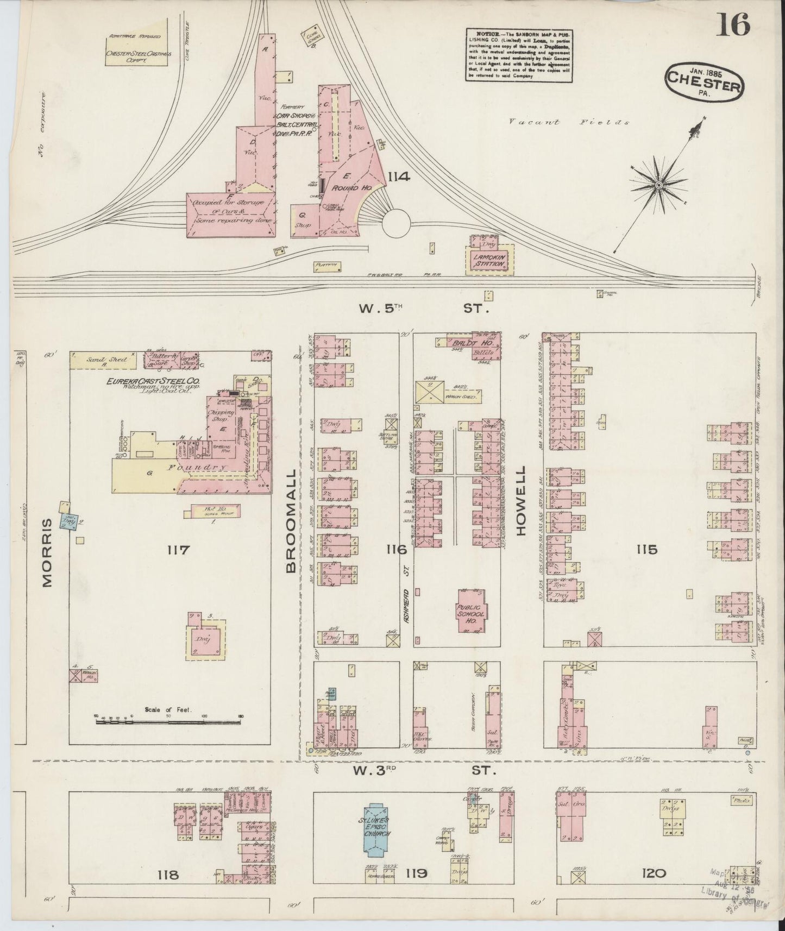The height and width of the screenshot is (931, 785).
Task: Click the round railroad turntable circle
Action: click(397, 223)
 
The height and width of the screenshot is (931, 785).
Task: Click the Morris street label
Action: click(48, 552)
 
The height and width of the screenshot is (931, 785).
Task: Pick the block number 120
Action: click(654, 873)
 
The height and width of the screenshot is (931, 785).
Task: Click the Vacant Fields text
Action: click(569, 122)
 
